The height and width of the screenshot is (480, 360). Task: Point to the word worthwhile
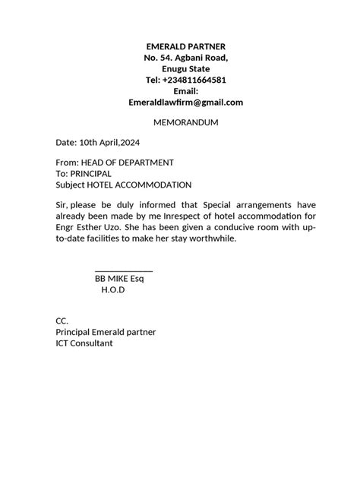(x=213, y=239)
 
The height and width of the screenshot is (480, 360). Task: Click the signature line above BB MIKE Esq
(x=124, y=270)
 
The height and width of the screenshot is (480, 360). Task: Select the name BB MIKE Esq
(x=119, y=279)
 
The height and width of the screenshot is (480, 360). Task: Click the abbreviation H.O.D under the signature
(x=112, y=290)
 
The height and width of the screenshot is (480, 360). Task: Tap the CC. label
(x=62, y=321)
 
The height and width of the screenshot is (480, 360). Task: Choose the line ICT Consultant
(x=84, y=343)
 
